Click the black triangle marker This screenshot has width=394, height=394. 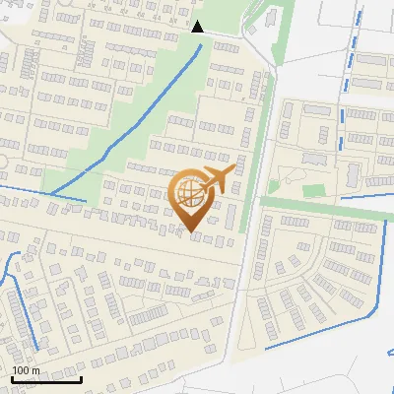[198, 27]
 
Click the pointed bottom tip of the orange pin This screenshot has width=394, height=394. [192, 232]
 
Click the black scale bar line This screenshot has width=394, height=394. [45, 379]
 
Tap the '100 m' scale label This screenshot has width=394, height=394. [26, 370]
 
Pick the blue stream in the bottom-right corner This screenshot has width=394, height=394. [325, 330]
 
